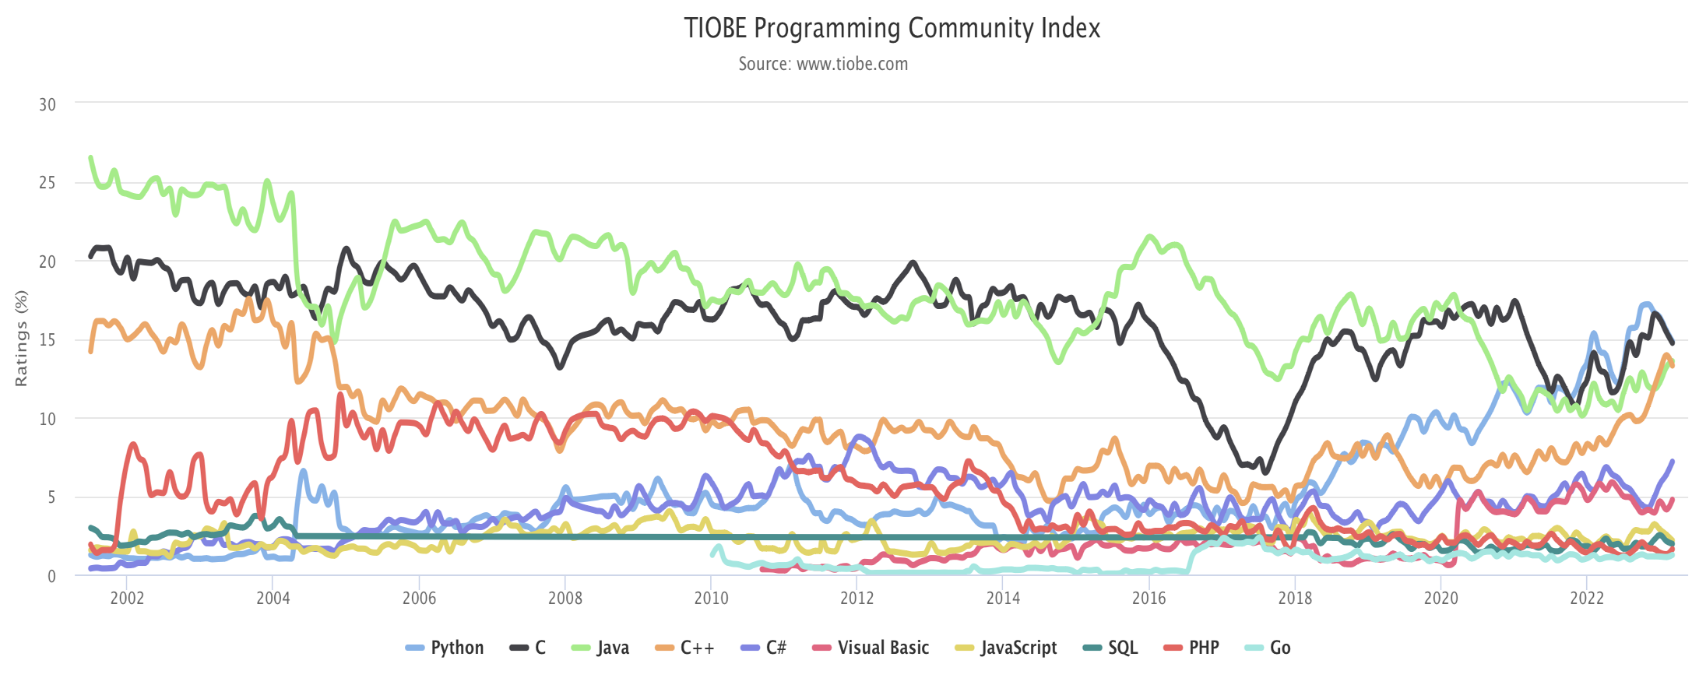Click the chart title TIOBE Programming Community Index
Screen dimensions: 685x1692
[892, 28]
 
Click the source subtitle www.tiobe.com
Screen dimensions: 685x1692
[823, 64]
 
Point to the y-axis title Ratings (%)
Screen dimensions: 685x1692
[21, 338]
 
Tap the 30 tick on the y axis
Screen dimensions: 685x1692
[47, 104]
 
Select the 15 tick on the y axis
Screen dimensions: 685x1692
[47, 339]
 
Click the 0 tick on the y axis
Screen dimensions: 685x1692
[51, 576]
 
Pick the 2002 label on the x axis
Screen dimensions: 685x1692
[127, 598]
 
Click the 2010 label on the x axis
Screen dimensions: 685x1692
[711, 598]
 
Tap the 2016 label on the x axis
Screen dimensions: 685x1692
[1149, 598]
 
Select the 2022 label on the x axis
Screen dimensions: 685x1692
[1586, 598]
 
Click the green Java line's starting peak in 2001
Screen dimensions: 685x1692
[91, 158]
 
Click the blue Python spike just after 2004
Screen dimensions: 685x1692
[303, 471]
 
